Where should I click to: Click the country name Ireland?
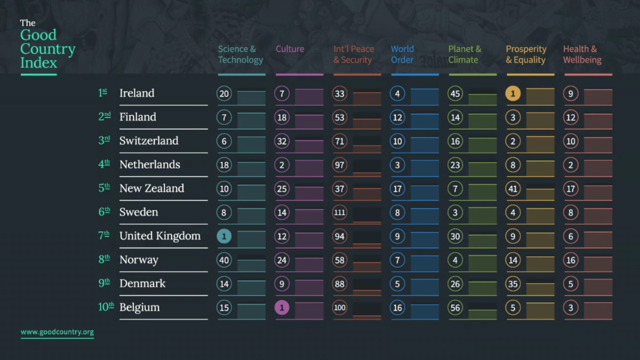coord(137,93)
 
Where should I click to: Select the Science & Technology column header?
coord(241,54)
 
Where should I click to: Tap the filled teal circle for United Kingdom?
coord(225,236)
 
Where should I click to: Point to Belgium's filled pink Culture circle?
coord(282,308)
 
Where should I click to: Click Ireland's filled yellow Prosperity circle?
coord(513,94)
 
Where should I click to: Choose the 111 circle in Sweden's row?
coord(340,213)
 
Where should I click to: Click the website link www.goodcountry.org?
coord(57,332)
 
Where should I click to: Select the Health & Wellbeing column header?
coord(582,54)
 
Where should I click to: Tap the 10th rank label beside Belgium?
coord(106,307)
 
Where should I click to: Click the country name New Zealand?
coord(151,188)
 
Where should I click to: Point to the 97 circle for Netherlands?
coord(340,165)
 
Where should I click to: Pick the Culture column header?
coord(290,49)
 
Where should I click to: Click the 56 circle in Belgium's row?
coord(455,308)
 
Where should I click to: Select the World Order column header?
coord(402,54)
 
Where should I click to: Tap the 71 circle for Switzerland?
coord(340,141)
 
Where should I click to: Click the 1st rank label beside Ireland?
coord(103,93)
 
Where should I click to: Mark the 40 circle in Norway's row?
coord(225,260)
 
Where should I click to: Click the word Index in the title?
coord(38,63)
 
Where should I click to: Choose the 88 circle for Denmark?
coord(340,284)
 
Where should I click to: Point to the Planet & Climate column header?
coord(465,54)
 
